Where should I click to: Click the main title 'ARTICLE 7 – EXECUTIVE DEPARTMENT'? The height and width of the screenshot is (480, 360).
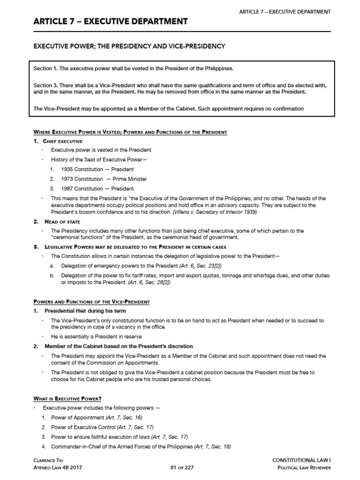(x=111, y=22)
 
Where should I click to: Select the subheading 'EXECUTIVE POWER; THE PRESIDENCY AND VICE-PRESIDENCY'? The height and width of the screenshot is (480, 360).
(x=129, y=46)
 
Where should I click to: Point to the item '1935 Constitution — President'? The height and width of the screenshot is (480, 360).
(x=97, y=169)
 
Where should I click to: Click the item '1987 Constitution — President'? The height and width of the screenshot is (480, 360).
(x=97, y=188)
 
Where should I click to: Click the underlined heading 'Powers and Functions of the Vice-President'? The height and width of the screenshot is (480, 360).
(x=91, y=301)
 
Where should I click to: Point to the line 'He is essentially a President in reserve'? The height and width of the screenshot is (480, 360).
(x=96, y=337)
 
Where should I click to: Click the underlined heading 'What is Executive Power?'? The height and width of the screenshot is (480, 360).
(x=67, y=398)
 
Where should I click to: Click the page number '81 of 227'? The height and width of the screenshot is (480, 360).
(x=180, y=470)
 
